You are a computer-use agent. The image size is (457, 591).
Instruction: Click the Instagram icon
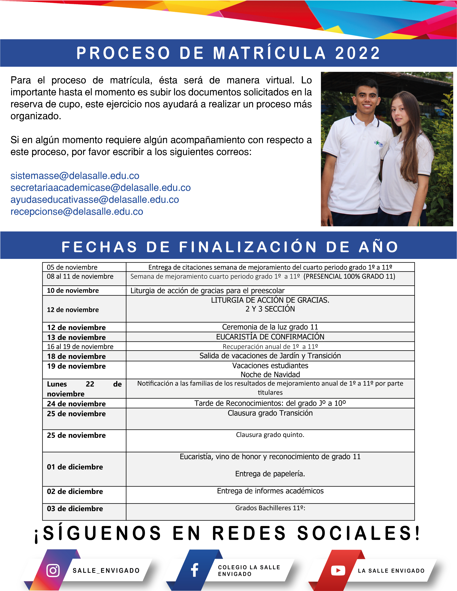click(x=53, y=570)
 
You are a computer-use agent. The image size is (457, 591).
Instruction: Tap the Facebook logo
click(x=194, y=570)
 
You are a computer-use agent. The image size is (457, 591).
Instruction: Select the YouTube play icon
click(x=338, y=570)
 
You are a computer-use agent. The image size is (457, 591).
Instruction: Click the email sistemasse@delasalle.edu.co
click(x=75, y=176)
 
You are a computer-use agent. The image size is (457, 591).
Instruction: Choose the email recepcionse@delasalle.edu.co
click(x=77, y=212)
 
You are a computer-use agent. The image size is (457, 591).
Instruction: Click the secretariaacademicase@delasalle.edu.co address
click(x=101, y=188)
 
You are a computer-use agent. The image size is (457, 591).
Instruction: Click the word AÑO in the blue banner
click(x=378, y=247)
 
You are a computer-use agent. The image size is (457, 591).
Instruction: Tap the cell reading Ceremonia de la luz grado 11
click(x=270, y=327)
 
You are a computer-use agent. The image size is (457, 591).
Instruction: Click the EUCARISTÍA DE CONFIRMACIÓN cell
click(x=270, y=337)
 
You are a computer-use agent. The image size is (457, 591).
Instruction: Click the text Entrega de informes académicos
click(x=270, y=491)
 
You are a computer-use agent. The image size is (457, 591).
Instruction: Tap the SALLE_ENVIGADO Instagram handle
click(x=106, y=571)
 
